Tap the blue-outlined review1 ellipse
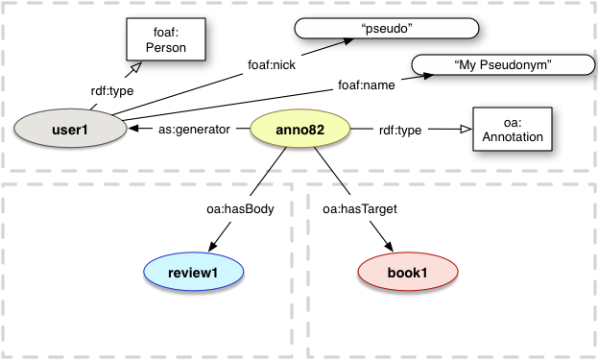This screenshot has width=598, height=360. [193, 273]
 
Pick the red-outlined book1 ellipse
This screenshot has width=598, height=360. [406, 273]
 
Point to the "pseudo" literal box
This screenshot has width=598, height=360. [386, 29]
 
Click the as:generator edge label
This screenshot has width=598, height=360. [194, 130]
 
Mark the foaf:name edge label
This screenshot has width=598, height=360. [366, 85]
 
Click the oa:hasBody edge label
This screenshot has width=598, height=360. [240, 207]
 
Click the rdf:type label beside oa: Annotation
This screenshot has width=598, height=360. [400, 130]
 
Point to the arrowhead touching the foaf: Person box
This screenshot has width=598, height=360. [137, 66]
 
